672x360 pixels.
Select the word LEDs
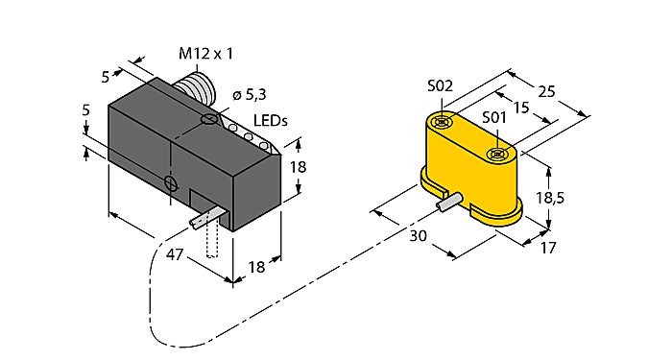[271, 119]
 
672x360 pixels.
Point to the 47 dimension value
[176, 255]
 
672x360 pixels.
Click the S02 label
[440, 86]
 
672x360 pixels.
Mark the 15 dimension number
[521, 108]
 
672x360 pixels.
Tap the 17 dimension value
[548, 247]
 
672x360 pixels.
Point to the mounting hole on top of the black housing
[209, 121]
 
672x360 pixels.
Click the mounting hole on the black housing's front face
[170, 182]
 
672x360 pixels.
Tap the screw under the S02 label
[442, 122]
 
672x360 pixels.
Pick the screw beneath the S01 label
[496, 154]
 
